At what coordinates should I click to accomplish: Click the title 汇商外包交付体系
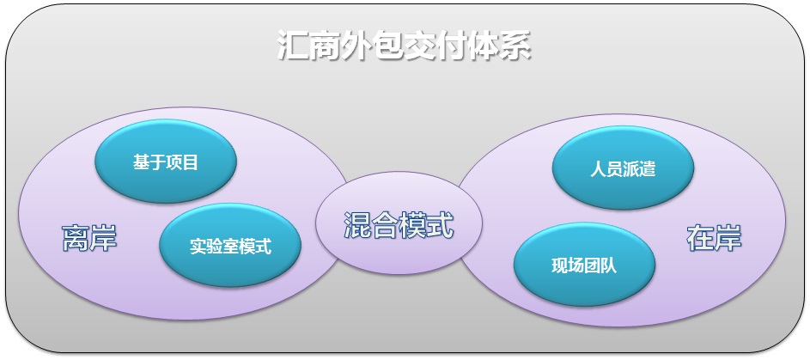(404, 46)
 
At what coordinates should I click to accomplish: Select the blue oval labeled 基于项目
(166, 162)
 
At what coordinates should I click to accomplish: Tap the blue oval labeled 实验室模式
(230, 246)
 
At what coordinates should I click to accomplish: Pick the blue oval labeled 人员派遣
(623, 168)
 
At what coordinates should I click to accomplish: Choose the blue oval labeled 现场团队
(584, 265)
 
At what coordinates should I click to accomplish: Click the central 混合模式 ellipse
(399, 223)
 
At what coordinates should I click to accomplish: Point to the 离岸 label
(89, 238)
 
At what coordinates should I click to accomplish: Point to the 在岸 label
(714, 238)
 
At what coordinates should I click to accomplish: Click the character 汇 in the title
(293, 46)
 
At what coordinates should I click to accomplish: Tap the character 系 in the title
(515, 46)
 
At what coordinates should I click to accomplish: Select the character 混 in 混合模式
(357, 226)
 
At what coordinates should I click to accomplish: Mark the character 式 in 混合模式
(440, 226)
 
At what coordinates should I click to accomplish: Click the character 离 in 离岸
(76, 238)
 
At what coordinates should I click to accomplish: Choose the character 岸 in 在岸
(728, 238)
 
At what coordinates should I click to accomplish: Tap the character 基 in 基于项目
(141, 162)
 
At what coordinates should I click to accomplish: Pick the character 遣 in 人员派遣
(648, 169)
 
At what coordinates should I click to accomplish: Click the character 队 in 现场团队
(608, 266)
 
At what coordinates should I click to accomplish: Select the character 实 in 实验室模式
(198, 247)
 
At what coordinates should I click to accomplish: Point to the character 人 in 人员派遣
(598, 169)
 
